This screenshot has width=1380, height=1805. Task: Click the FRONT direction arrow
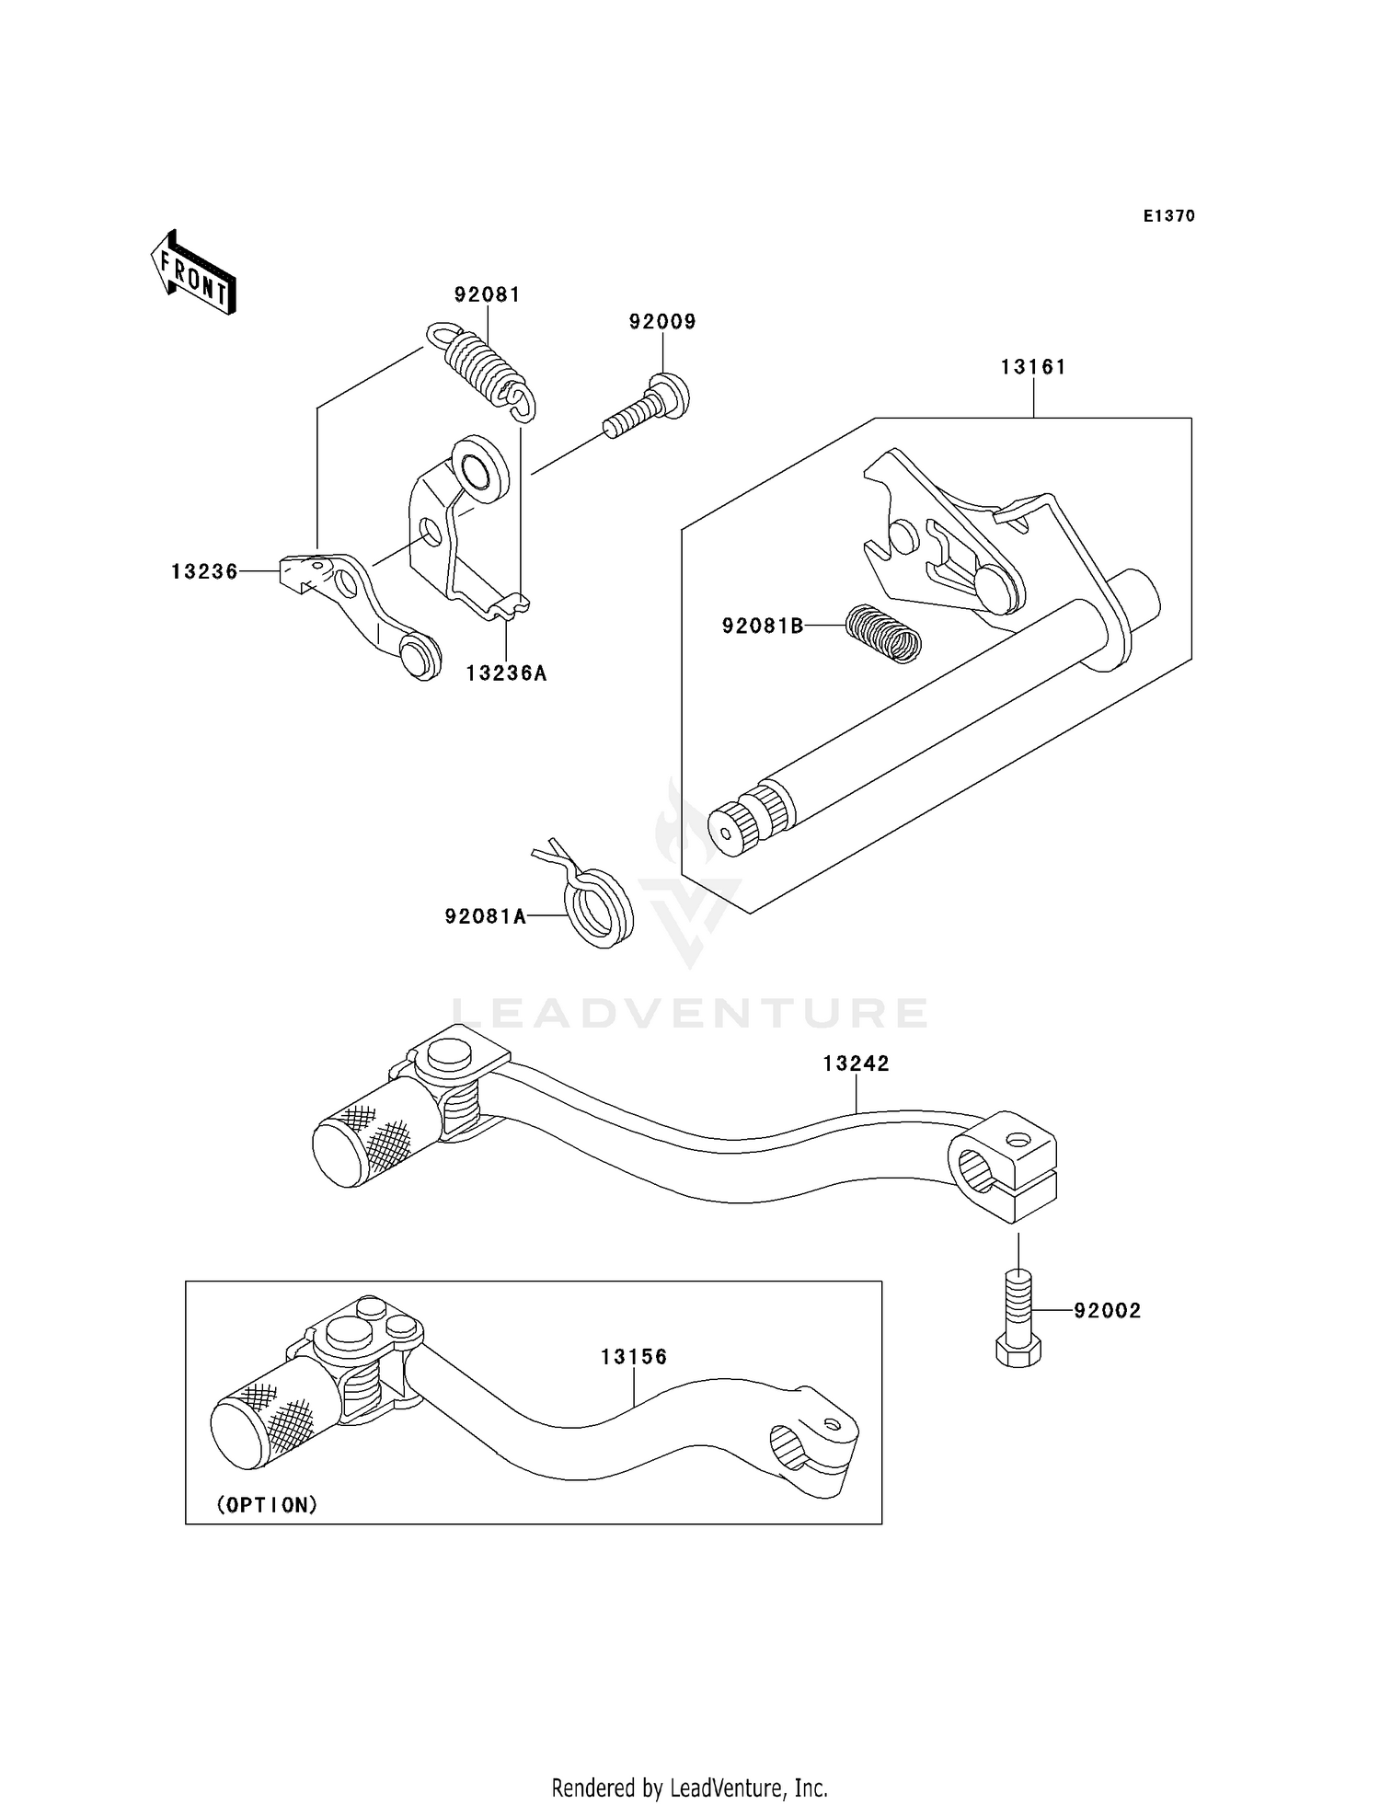pos(194,273)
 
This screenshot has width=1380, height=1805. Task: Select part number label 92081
pos(487,294)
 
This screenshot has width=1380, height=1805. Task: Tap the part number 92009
pos(662,321)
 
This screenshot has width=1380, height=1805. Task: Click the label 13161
pos(1033,367)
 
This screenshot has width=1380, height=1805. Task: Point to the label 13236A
pos(506,673)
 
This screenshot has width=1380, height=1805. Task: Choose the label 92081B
pos(763,627)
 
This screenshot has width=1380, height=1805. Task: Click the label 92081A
pos(485,916)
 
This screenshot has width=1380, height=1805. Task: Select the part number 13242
pos(856,1063)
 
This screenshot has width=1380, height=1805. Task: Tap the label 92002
pos(1107,1311)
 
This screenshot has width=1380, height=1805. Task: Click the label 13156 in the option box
pos(634,1357)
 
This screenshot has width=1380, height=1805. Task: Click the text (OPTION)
pos(268,1505)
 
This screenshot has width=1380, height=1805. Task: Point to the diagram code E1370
pos(1168,216)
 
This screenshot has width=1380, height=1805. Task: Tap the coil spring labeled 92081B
pos(882,632)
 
